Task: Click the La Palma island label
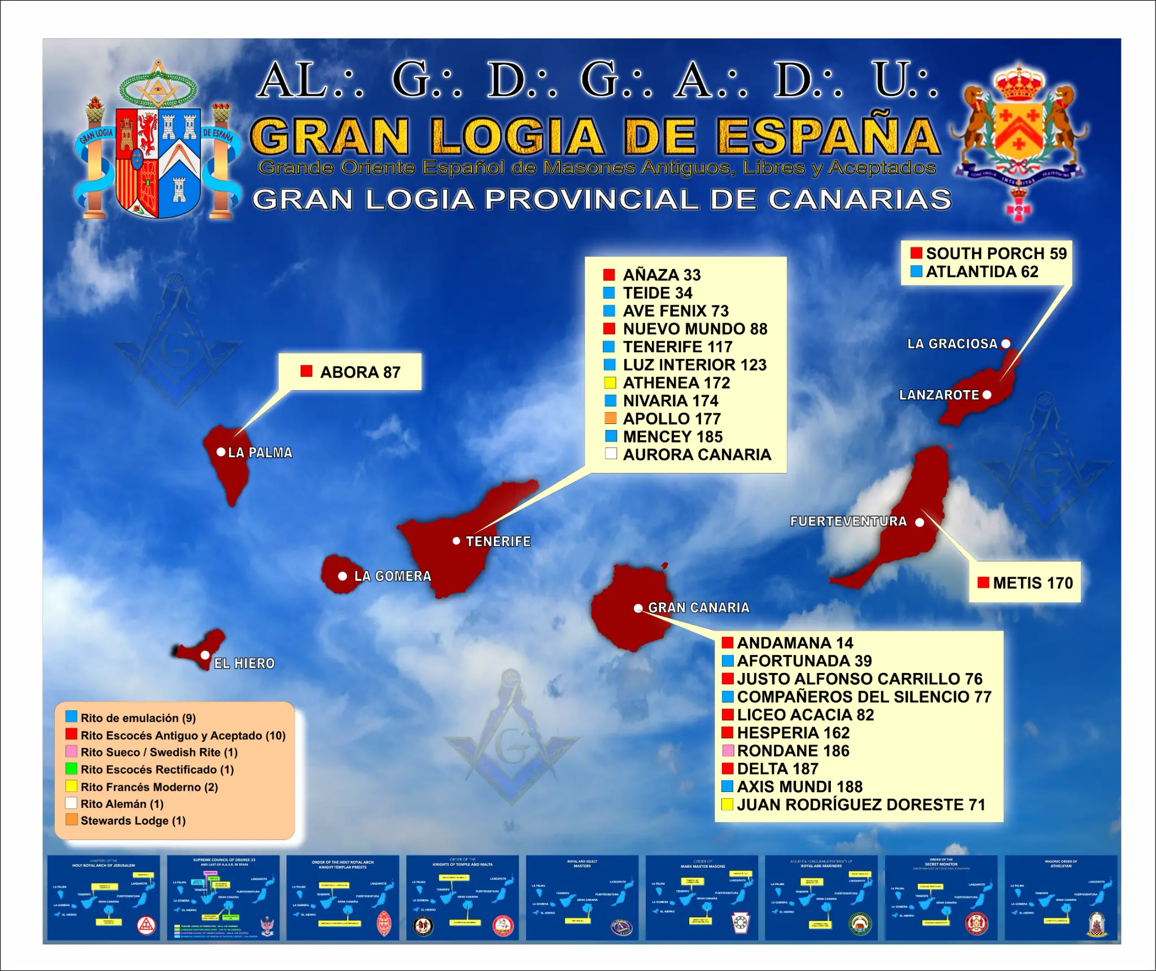click(260, 453)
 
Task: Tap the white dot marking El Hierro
click(205, 655)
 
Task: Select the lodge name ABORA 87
click(360, 373)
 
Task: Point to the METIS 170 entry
click(1033, 583)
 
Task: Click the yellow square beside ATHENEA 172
click(610, 383)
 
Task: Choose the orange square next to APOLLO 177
click(610, 418)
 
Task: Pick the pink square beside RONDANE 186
click(728, 751)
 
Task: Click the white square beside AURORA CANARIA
click(610, 454)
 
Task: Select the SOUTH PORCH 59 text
click(996, 253)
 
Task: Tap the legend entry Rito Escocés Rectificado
click(157, 769)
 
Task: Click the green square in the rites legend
click(71, 769)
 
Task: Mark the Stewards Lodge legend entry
click(133, 821)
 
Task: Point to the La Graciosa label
click(952, 344)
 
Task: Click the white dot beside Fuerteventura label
click(919, 522)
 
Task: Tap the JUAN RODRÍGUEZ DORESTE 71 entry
click(861, 805)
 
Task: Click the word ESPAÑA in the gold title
click(828, 137)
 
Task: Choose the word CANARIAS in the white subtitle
click(859, 200)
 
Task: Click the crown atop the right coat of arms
click(1019, 82)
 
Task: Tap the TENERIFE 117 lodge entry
click(677, 347)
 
